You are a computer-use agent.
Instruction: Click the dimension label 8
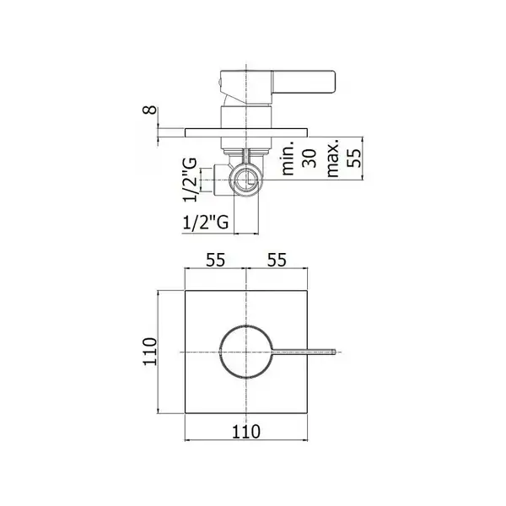[149, 110]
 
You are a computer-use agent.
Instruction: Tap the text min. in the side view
[288, 159]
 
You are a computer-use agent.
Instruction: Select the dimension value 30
[309, 159]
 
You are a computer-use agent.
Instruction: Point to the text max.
[332, 159]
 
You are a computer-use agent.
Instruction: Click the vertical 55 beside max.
[353, 158]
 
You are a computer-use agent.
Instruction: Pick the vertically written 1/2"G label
[190, 180]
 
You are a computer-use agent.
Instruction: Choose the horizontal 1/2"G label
[206, 223]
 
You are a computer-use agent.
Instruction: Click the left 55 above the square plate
[216, 260]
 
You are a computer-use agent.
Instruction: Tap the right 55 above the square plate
[277, 260]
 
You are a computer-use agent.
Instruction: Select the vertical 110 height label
[150, 352]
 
